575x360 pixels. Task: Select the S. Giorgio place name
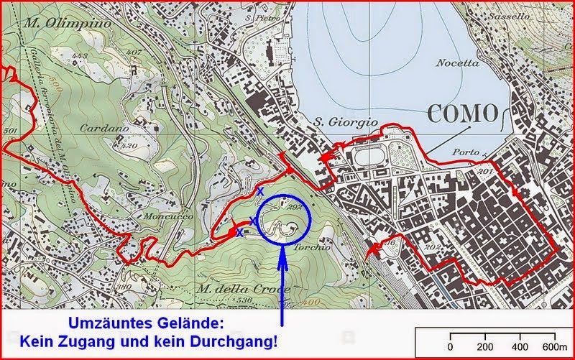[346, 124]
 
